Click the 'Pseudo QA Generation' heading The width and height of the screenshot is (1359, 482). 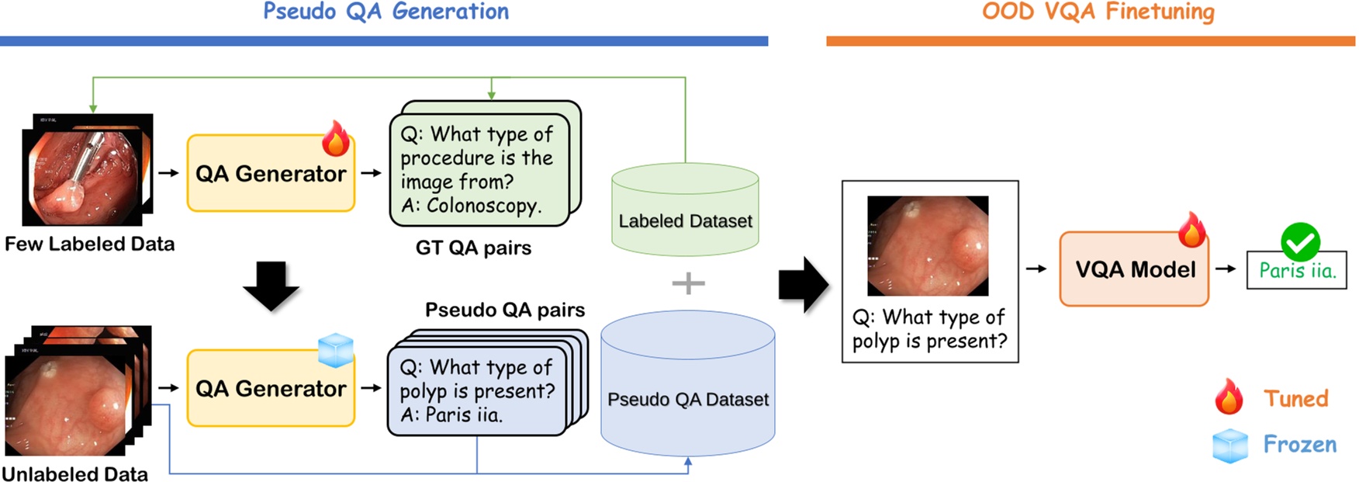click(x=386, y=12)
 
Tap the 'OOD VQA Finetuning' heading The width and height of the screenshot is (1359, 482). click(x=1098, y=12)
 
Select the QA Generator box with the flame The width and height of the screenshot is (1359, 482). click(x=271, y=173)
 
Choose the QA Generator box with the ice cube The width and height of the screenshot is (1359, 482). click(x=271, y=388)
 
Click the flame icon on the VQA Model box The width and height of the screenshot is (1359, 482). click(x=1191, y=230)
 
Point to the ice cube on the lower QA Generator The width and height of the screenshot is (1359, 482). click(x=336, y=350)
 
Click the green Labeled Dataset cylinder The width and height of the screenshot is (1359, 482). click(x=685, y=209)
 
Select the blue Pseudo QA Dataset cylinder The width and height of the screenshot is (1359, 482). click(x=688, y=384)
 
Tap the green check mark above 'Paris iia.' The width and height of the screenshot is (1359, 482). click(x=1300, y=242)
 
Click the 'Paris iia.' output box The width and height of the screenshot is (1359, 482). click(x=1296, y=270)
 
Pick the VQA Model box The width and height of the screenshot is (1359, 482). click(x=1134, y=269)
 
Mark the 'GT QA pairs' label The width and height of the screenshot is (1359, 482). click(x=473, y=248)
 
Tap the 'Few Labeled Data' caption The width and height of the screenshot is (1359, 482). click(x=89, y=244)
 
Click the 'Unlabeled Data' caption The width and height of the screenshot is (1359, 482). click(x=74, y=473)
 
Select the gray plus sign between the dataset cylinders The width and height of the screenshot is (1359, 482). click(x=688, y=283)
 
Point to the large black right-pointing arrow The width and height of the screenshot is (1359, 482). click(x=804, y=285)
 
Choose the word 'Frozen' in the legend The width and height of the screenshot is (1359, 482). click(x=1300, y=444)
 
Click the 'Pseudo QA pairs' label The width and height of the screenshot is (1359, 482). click(x=505, y=310)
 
